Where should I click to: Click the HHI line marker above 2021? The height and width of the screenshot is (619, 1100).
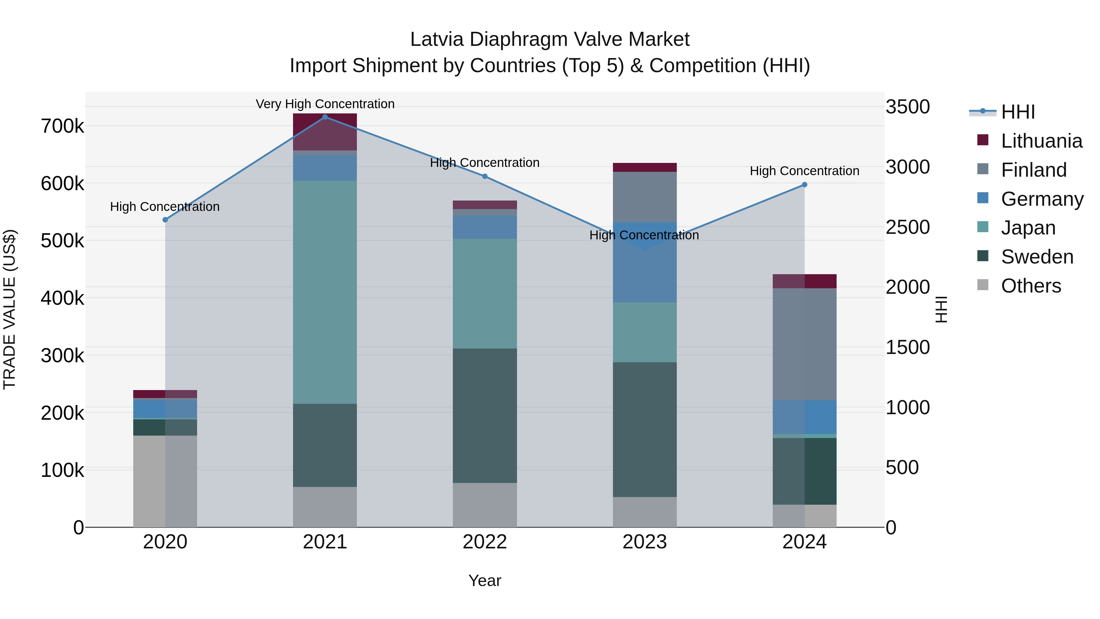[x=325, y=117]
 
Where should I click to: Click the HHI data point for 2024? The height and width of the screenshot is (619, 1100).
[x=805, y=185]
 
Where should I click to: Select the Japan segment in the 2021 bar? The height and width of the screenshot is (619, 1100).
[x=325, y=292]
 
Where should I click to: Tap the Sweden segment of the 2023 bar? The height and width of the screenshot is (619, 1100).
[x=645, y=429]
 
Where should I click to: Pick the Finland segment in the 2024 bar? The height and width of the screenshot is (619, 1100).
[x=805, y=344]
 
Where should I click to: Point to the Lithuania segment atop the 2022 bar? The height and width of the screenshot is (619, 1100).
[x=485, y=204]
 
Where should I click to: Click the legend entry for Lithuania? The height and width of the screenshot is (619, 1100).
[x=1041, y=141]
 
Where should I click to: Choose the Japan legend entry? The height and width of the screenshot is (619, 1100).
[x=1028, y=228]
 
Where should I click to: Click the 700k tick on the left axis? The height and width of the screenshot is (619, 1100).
[x=62, y=127]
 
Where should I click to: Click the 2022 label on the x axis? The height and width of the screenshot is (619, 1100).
[x=485, y=542]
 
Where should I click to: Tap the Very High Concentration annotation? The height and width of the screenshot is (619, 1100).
[x=325, y=104]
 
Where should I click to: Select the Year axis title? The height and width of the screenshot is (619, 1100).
[x=485, y=580]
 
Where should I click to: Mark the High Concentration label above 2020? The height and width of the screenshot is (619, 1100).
[x=165, y=207]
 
